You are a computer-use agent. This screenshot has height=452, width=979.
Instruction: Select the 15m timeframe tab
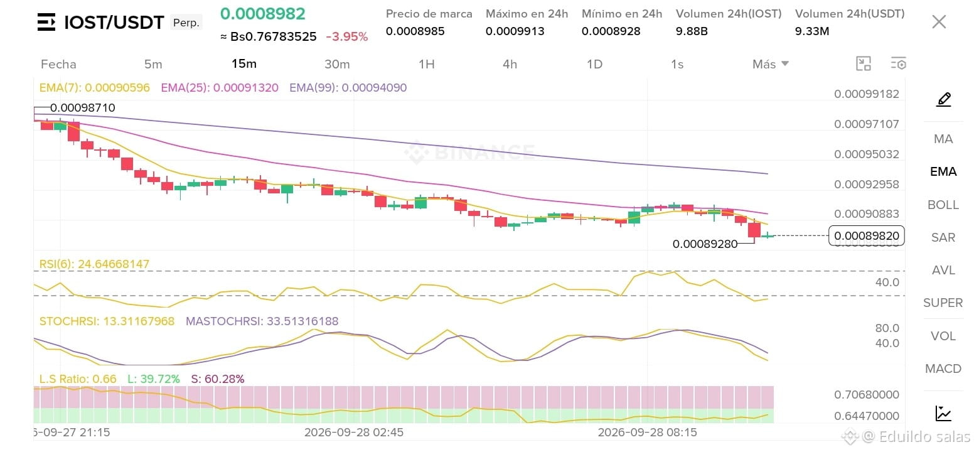[244, 64]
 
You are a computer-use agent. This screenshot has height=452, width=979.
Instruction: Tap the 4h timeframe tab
[510, 64]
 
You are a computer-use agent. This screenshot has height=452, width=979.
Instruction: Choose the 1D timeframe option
[594, 64]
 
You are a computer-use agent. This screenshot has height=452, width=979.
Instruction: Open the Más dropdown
[771, 64]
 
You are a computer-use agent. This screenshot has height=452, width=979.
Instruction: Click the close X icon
[939, 22]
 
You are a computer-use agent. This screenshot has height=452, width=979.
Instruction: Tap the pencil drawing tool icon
[944, 99]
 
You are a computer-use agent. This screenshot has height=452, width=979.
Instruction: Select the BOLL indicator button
[943, 205]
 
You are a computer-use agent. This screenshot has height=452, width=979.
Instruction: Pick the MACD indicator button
[943, 369]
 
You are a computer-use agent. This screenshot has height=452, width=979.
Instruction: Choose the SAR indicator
[943, 237]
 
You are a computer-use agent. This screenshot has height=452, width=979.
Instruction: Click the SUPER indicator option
[943, 303]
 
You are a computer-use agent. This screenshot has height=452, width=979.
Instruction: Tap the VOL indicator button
[943, 336]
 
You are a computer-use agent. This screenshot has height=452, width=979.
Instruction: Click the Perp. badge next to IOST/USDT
[186, 23]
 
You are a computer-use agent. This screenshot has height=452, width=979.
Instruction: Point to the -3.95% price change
[347, 36]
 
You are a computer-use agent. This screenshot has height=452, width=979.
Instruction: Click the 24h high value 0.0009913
[515, 31]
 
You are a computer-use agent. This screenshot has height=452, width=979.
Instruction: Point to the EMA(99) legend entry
[348, 87]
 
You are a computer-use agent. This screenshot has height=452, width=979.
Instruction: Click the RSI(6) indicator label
[94, 264]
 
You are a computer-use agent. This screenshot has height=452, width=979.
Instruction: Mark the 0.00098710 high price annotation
[83, 107]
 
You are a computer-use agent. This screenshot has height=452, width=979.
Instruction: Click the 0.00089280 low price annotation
[705, 244]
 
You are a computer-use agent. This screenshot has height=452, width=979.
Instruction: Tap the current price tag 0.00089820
[867, 236]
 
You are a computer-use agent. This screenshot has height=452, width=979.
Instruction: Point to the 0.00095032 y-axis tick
[867, 154]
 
